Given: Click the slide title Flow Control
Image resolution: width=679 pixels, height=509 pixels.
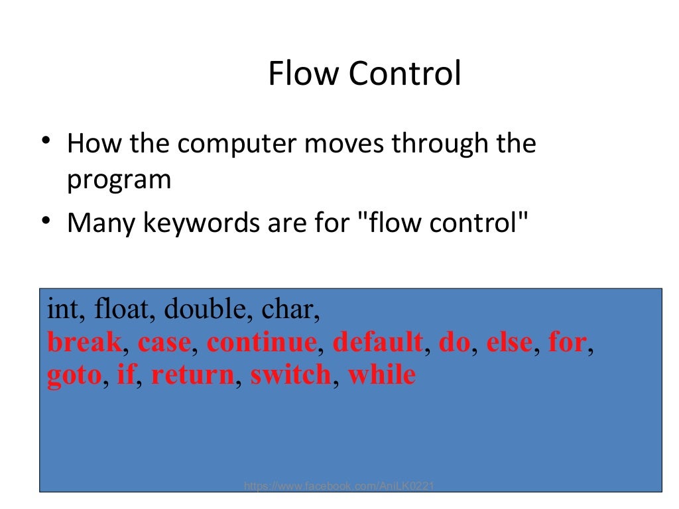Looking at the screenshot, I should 364,74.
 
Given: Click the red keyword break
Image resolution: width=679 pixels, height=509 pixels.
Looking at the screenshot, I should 84,343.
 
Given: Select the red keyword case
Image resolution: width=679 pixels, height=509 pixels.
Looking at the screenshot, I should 164,343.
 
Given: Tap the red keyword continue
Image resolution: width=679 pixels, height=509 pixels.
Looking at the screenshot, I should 261,343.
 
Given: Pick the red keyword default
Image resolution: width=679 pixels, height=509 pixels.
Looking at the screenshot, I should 377,343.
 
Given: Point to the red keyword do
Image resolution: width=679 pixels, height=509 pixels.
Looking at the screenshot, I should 454,343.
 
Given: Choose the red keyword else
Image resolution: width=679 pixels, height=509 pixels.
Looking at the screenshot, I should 509,343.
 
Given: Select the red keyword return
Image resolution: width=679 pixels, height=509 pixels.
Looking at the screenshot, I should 192,376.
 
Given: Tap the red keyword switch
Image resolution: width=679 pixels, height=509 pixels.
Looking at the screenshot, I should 290,376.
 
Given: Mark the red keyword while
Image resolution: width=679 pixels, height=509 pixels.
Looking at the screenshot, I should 382,376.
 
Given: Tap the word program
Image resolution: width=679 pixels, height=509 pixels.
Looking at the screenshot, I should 119,180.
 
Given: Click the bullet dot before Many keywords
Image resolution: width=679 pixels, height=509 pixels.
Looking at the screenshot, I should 44,221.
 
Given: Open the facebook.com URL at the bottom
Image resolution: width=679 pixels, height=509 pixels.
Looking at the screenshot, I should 339,486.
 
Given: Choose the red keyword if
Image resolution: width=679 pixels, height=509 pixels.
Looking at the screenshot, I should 125,376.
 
